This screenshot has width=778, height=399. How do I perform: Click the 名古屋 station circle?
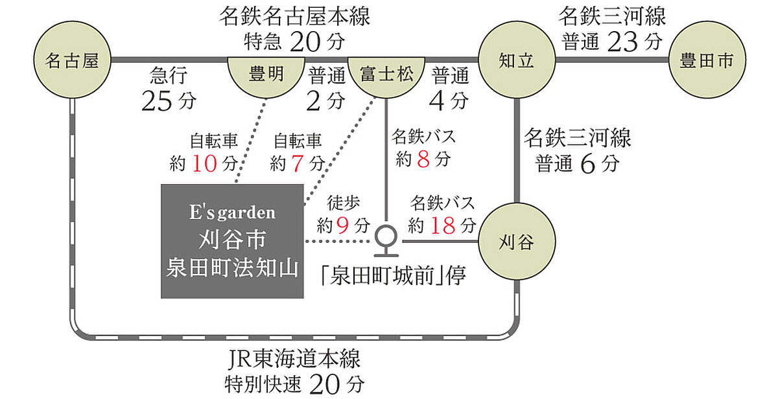pyautogui.click(x=72, y=61)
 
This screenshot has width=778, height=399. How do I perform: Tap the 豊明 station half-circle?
pyautogui.click(x=266, y=74)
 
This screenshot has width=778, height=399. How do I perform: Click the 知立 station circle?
pyautogui.click(x=516, y=61)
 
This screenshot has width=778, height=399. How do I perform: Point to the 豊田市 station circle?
pyautogui.click(x=706, y=61)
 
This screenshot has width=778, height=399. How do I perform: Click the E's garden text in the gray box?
pyautogui.click(x=232, y=212)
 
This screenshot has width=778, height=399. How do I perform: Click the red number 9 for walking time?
pyautogui.click(x=344, y=225)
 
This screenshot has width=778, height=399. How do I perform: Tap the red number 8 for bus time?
pyautogui.click(x=423, y=159)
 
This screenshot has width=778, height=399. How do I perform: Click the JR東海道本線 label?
pyautogui.click(x=295, y=359)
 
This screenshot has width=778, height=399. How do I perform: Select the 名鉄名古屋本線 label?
pyautogui.click(x=295, y=16)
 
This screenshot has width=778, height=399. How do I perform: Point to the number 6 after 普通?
pyautogui.click(x=587, y=165)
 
